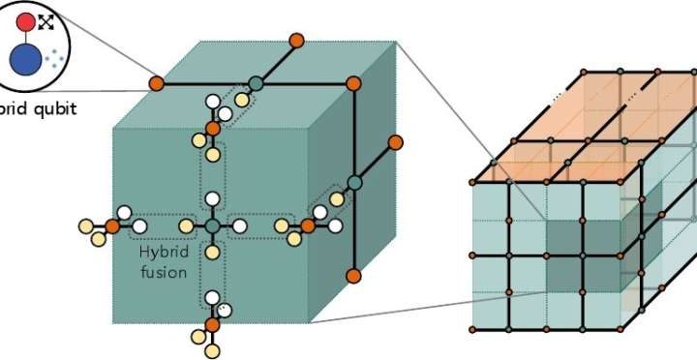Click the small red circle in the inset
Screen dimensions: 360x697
click(x=26, y=21)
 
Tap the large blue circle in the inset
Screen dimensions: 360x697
click(x=25, y=60)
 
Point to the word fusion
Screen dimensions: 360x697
click(x=163, y=272)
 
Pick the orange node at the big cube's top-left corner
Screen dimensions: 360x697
click(x=156, y=84)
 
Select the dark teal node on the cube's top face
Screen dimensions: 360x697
click(x=256, y=84)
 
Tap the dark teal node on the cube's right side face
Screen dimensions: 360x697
click(x=354, y=182)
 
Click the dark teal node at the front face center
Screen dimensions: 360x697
click(x=212, y=225)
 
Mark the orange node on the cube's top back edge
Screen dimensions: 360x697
click(x=296, y=40)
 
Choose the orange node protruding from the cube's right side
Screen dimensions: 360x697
click(x=395, y=142)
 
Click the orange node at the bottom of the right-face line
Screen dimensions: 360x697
click(x=354, y=274)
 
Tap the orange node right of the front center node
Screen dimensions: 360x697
click(x=307, y=225)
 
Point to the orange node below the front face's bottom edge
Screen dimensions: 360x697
click(x=212, y=324)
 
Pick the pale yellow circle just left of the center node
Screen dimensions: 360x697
click(x=187, y=225)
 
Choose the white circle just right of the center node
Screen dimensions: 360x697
click(x=238, y=225)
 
